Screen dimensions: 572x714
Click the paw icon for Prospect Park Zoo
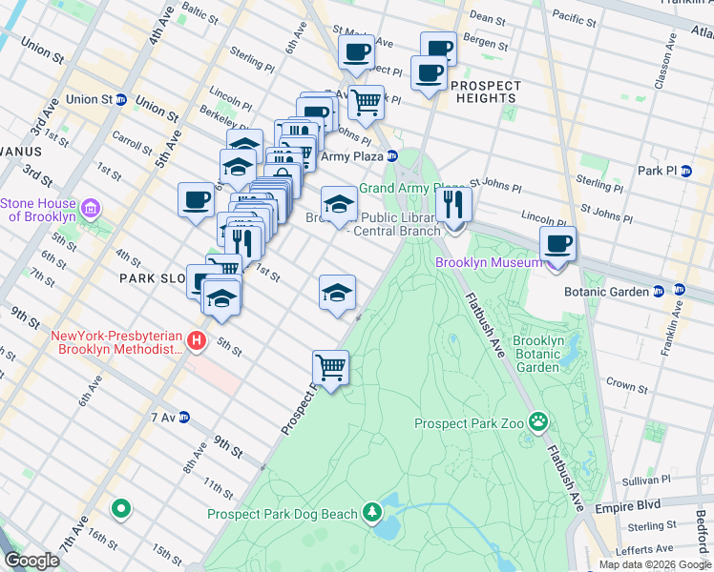point(539,420)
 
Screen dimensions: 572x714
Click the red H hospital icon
point(196,339)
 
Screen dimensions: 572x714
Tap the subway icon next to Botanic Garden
point(680,290)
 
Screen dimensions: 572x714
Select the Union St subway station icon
point(122,99)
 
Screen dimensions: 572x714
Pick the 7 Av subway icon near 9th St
point(185,418)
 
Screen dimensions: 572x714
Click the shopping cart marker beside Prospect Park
point(330,367)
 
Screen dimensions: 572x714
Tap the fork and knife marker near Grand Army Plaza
point(453,204)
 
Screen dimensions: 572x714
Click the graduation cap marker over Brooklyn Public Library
point(338,203)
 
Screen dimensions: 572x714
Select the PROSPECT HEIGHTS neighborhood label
point(486,92)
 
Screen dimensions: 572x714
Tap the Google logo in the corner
point(31,561)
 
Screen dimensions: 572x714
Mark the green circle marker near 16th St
point(120,509)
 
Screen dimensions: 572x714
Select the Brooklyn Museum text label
point(490,262)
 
